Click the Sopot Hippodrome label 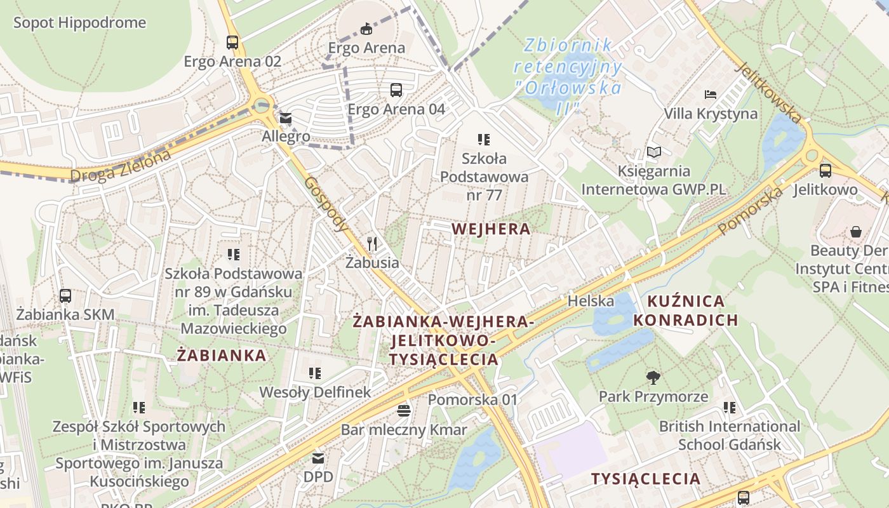(79, 23)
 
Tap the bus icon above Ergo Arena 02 (232, 43)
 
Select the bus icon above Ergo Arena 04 (396, 90)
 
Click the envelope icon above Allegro (286, 118)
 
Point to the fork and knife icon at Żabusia (373, 243)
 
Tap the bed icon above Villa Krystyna (711, 95)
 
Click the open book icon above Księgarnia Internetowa (653, 152)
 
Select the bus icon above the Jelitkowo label (825, 170)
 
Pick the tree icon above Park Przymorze (653, 378)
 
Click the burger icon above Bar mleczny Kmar (404, 411)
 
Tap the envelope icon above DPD (318, 458)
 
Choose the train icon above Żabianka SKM (65, 295)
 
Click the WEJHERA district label (491, 229)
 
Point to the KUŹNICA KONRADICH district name (686, 310)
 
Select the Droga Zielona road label (121, 166)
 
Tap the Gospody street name (327, 203)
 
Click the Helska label (591, 300)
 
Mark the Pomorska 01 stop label (473, 400)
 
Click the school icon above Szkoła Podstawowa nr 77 (484, 139)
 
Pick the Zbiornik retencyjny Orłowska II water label (568, 76)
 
